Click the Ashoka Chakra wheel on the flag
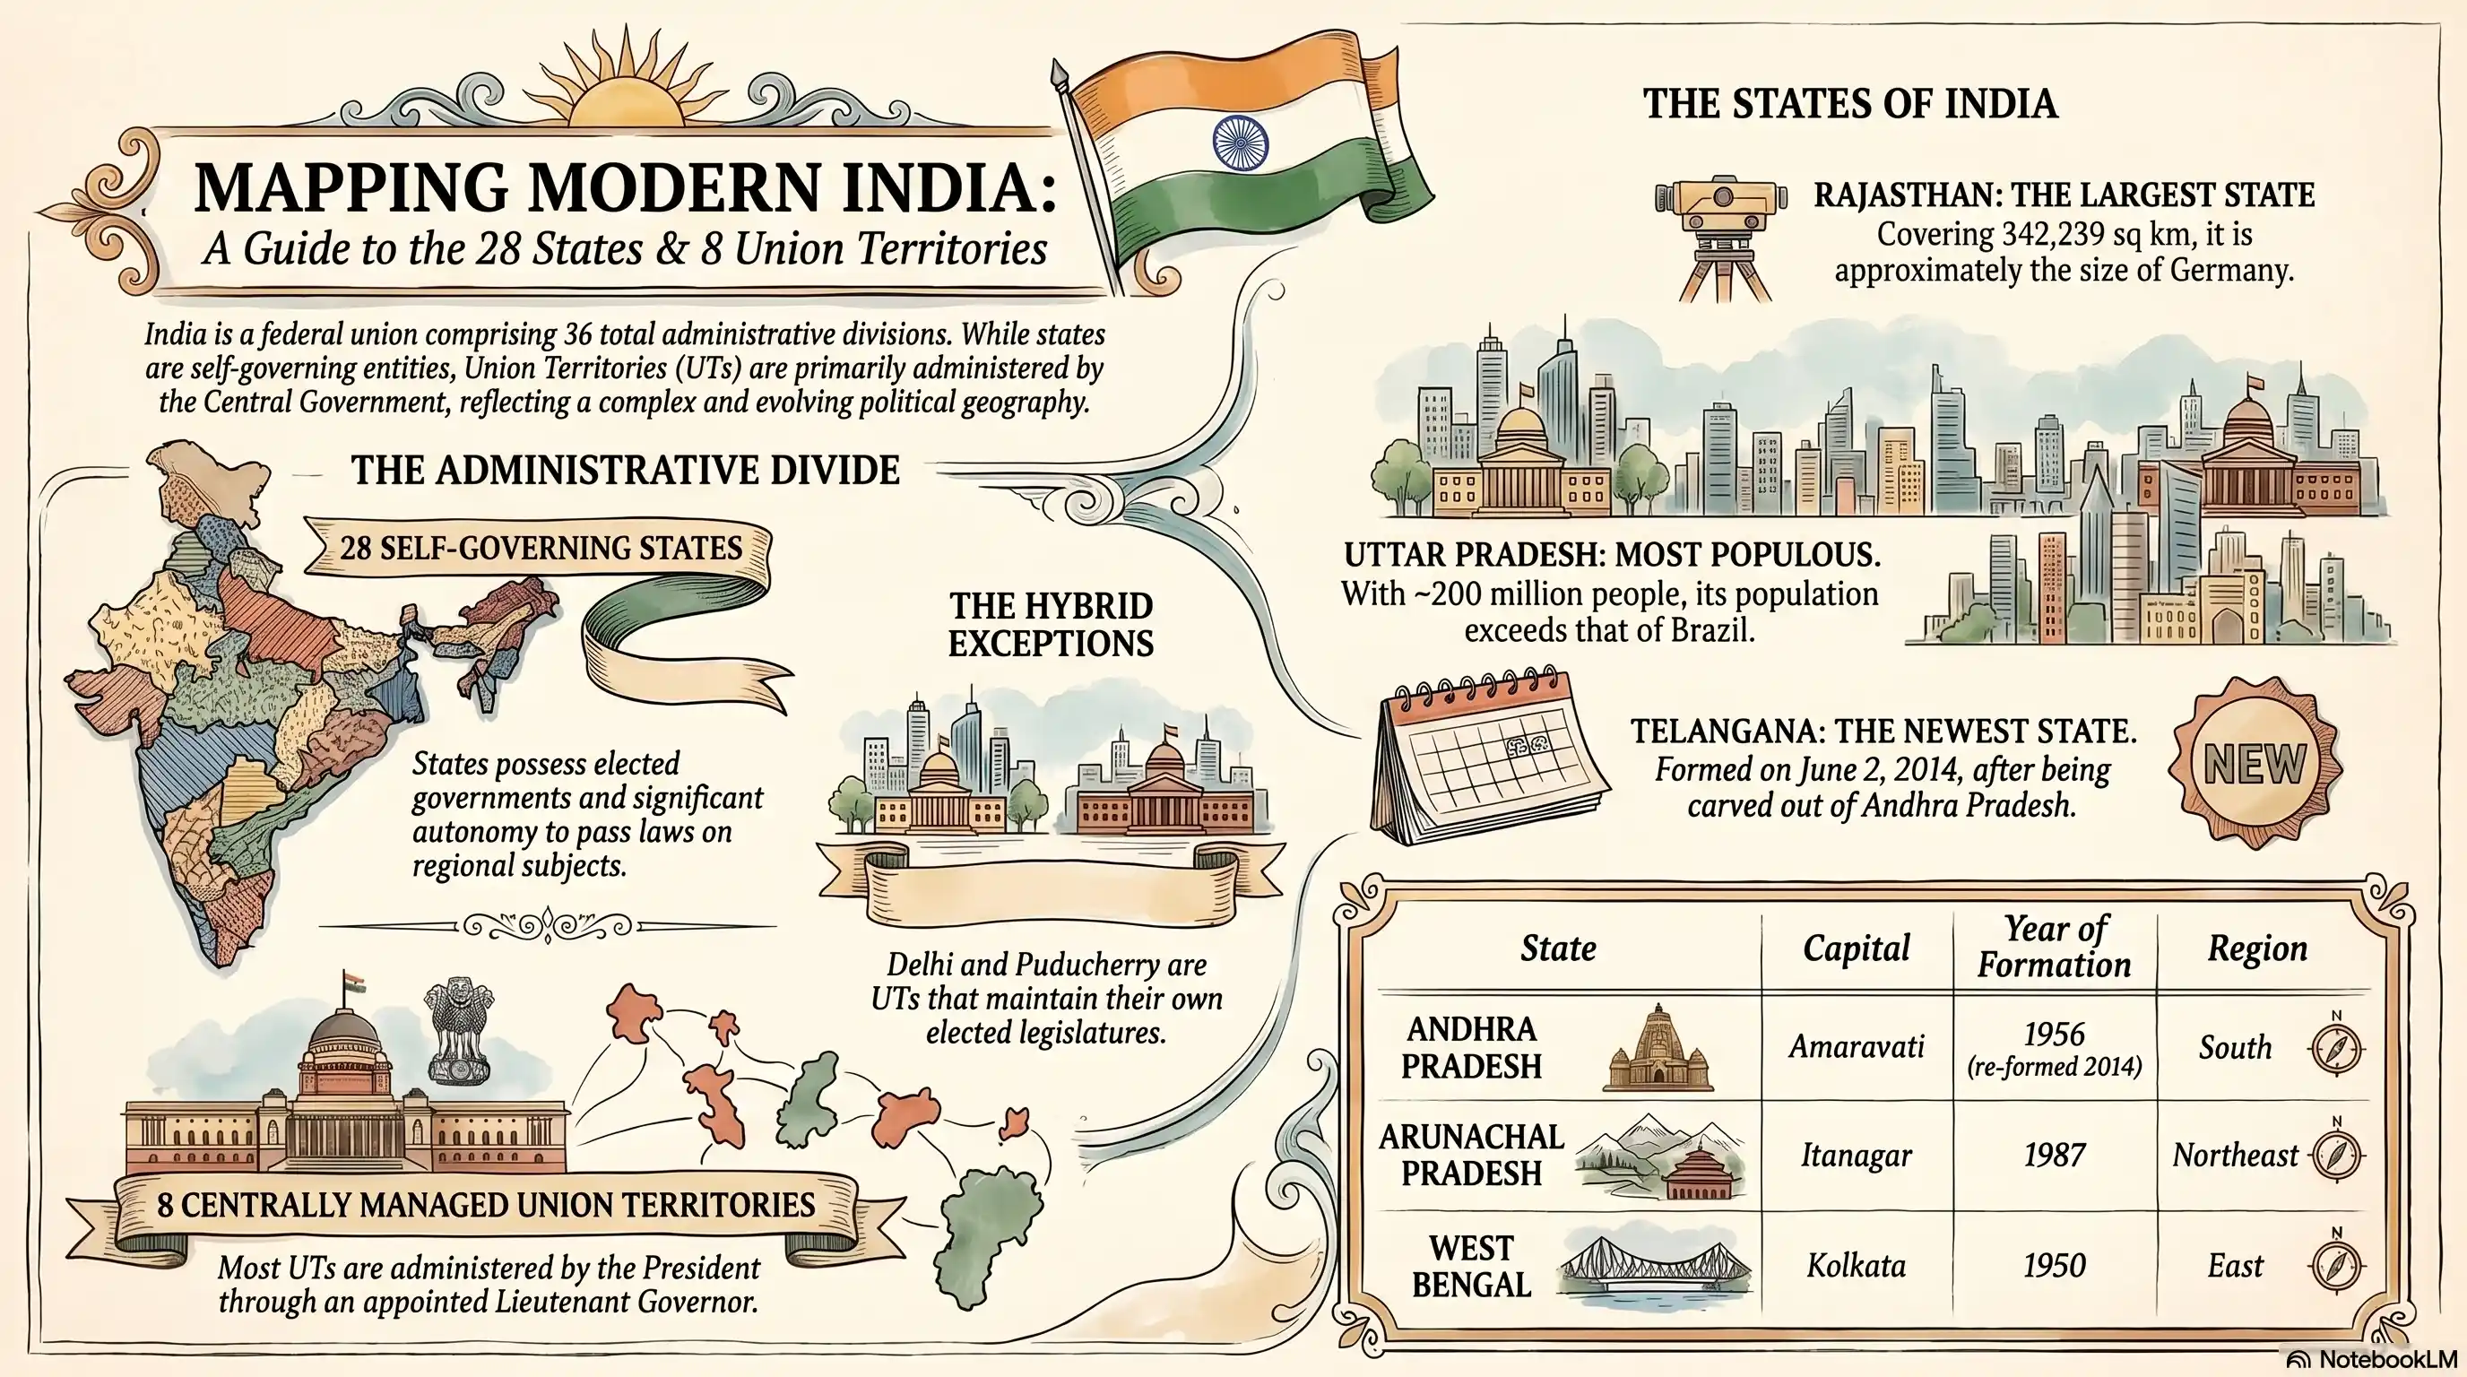1239,143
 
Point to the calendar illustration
1490,757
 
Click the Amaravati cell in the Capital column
1856,1046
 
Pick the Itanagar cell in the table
1856,1156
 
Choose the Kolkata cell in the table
1856,1266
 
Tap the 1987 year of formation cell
2055,1156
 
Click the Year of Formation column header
2055,947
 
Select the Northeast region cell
2234,1156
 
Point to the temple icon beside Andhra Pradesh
1658,1051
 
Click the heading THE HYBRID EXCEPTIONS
1051,624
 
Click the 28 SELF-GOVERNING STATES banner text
541,548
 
